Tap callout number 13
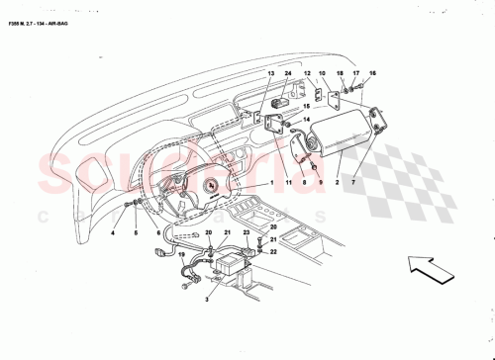tap(270, 74)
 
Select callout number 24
tap(288, 74)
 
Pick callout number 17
tap(357, 74)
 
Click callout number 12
tap(307, 74)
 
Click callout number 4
tap(113, 234)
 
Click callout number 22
tap(273, 252)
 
